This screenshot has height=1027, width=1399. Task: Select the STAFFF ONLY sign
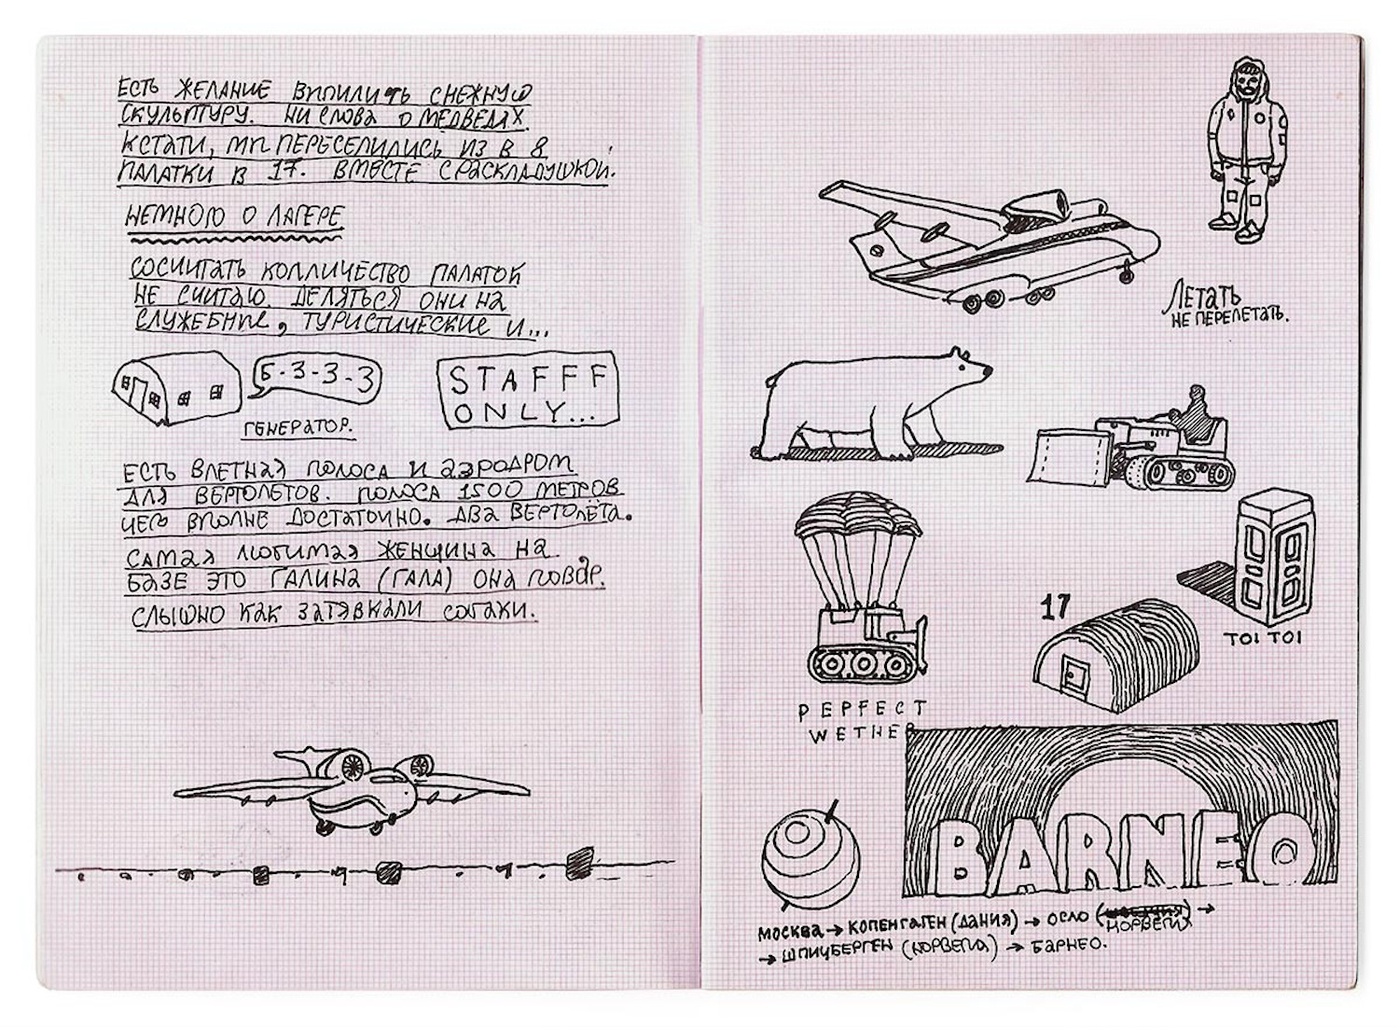(529, 391)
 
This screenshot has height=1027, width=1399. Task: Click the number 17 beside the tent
(1055, 607)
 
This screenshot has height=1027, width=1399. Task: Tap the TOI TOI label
(1263, 638)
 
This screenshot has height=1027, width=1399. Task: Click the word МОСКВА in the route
(788, 931)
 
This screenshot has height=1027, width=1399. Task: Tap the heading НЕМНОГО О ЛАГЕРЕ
(235, 218)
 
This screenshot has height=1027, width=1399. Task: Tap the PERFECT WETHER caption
(861, 721)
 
